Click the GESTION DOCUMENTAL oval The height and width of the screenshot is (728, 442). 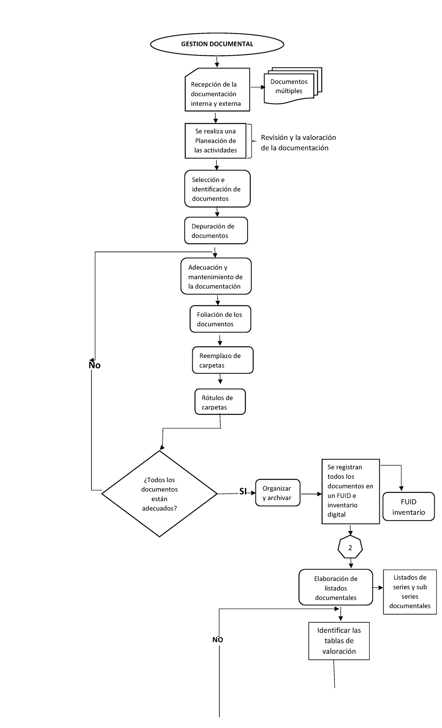217,44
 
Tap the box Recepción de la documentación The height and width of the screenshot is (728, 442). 217,94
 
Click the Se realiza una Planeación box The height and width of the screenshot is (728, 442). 215,141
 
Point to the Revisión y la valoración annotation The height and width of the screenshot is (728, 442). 298,143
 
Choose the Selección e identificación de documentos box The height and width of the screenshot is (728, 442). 217,189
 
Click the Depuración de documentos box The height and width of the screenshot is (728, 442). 216,231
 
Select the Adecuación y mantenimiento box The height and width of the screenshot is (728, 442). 216,277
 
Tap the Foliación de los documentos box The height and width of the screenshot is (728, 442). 220,319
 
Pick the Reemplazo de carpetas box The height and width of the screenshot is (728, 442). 222,360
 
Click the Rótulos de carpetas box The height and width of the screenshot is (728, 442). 220,402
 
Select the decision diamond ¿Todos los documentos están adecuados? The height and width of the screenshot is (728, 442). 159,494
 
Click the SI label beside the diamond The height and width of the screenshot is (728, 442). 243,491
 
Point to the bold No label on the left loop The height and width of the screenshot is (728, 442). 94,365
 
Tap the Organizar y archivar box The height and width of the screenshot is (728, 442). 278,493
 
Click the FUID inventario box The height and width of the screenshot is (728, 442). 408,507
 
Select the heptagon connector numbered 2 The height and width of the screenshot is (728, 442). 350,548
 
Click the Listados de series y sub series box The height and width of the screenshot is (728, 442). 410,592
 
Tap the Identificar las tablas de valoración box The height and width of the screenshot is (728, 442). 339,641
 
